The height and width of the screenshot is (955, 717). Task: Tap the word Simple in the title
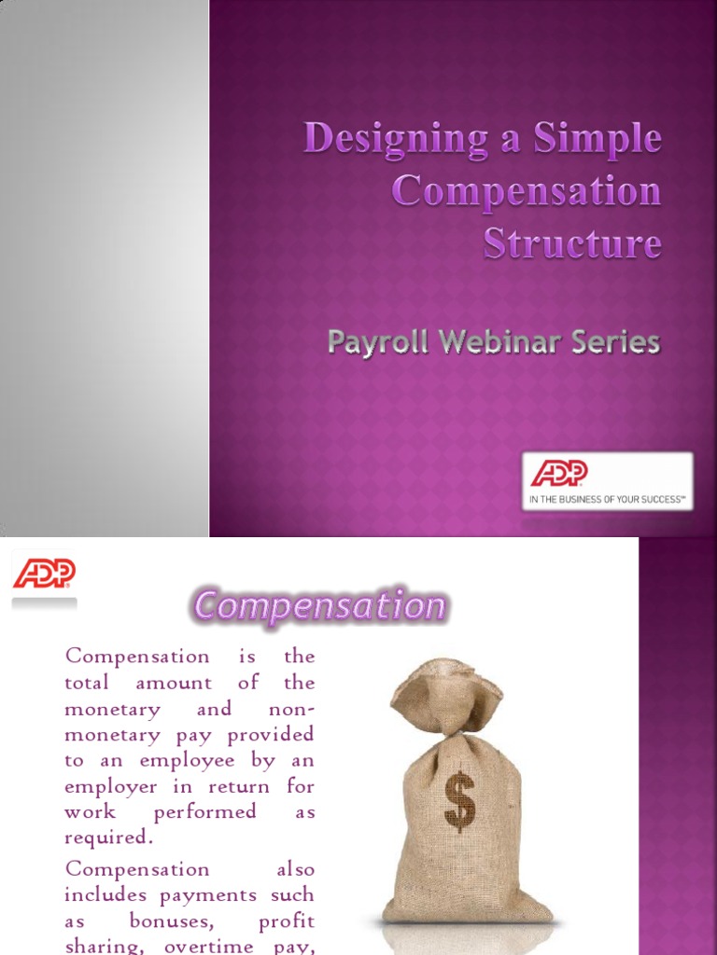(597, 140)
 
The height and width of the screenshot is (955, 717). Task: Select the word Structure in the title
(572, 243)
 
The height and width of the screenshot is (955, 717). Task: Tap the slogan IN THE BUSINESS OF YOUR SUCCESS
(607, 500)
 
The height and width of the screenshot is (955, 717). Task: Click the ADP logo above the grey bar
(44, 574)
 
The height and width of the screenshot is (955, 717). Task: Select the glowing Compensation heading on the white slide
(319, 607)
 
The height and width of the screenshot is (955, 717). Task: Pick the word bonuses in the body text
(185, 921)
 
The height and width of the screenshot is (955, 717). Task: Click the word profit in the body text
(287, 921)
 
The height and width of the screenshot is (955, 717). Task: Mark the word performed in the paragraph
(204, 811)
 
